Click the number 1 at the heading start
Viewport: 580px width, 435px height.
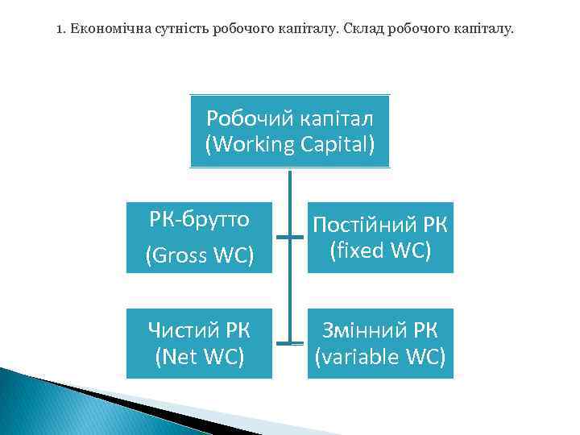tap(60, 30)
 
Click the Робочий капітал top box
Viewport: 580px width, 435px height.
tap(290, 131)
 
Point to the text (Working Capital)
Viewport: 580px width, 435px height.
tap(290, 146)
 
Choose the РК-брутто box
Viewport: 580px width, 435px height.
tap(199, 237)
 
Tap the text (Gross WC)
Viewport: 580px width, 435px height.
tap(199, 255)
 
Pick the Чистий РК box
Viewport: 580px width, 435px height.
tap(199, 343)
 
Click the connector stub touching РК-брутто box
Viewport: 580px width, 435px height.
tap(281, 238)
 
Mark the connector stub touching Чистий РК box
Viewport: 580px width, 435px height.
tap(281, 344)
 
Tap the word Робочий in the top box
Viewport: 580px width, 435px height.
tap(240, 118)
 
